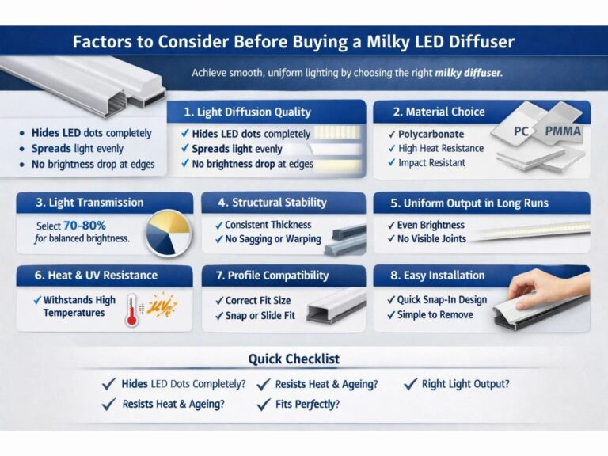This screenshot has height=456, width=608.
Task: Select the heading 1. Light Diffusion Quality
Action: tap(247, 112)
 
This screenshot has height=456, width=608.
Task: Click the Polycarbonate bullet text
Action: tap(431, 134)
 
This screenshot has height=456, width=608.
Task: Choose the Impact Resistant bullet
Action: tap(432, 162)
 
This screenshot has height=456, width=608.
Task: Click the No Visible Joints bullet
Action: tap(432, 239)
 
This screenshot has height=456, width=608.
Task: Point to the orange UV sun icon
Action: tap(162, 305)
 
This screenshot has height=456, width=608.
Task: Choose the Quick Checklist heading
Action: tap(294, 359)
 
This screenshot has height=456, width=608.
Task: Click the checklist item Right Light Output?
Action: tap(465, 384)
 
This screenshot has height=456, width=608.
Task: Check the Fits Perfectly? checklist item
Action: tap(308, 404)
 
